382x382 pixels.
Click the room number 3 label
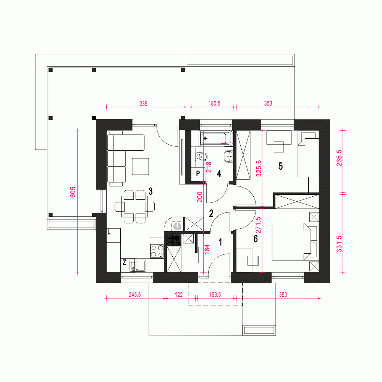click(x=151, y=191)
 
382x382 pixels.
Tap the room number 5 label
click(x=281, y=166)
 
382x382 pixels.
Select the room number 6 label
click(x=256, y=239)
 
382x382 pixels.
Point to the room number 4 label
click(x=219, y=174)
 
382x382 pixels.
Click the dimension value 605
click(x=73, y=192)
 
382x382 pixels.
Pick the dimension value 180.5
click(x=214, y=103)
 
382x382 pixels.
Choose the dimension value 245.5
click(x=135, y=295)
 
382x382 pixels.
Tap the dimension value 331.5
click(x=339, y=244)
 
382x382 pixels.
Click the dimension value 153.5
click(x=215, y=295)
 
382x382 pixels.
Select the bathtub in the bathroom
click(x=217, y=139)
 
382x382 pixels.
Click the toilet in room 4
click(x=201, y=157)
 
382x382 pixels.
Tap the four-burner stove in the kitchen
click(x=157, y=251)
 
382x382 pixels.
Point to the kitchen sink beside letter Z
click(x=138, y=265)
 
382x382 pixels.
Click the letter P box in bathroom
click(x=198, y=174)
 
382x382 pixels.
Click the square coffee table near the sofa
click(x=140, y=167)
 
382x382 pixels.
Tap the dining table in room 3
click(x=134, y=207)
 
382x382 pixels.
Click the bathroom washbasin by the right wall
click(x=228, y=156)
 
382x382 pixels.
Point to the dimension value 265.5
click(x=339, y=158)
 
